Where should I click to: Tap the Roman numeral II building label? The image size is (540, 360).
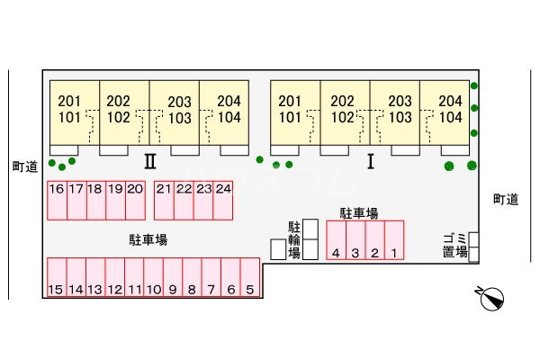pos(150,162)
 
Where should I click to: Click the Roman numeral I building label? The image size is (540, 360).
pos(370,162)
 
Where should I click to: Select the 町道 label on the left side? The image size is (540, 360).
pos(24,166)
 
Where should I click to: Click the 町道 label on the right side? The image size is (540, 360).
pos(506,200)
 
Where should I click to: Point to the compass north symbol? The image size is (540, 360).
pos(491,297)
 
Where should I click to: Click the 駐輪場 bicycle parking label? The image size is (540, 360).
pos(293,238)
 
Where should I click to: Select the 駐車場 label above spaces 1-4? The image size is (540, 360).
pos(358,212)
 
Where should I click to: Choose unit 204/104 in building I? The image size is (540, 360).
pos(450,110)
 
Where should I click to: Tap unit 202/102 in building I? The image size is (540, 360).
pos(343,110)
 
